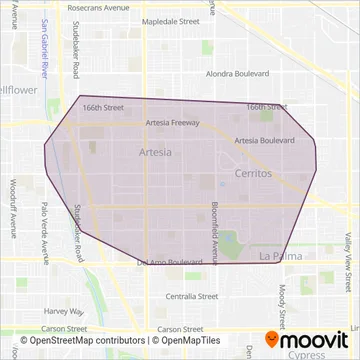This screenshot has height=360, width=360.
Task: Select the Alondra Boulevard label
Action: (238, 74)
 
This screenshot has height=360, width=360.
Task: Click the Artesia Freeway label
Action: (172, 123)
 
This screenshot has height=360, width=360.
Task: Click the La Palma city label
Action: (279, 257)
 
